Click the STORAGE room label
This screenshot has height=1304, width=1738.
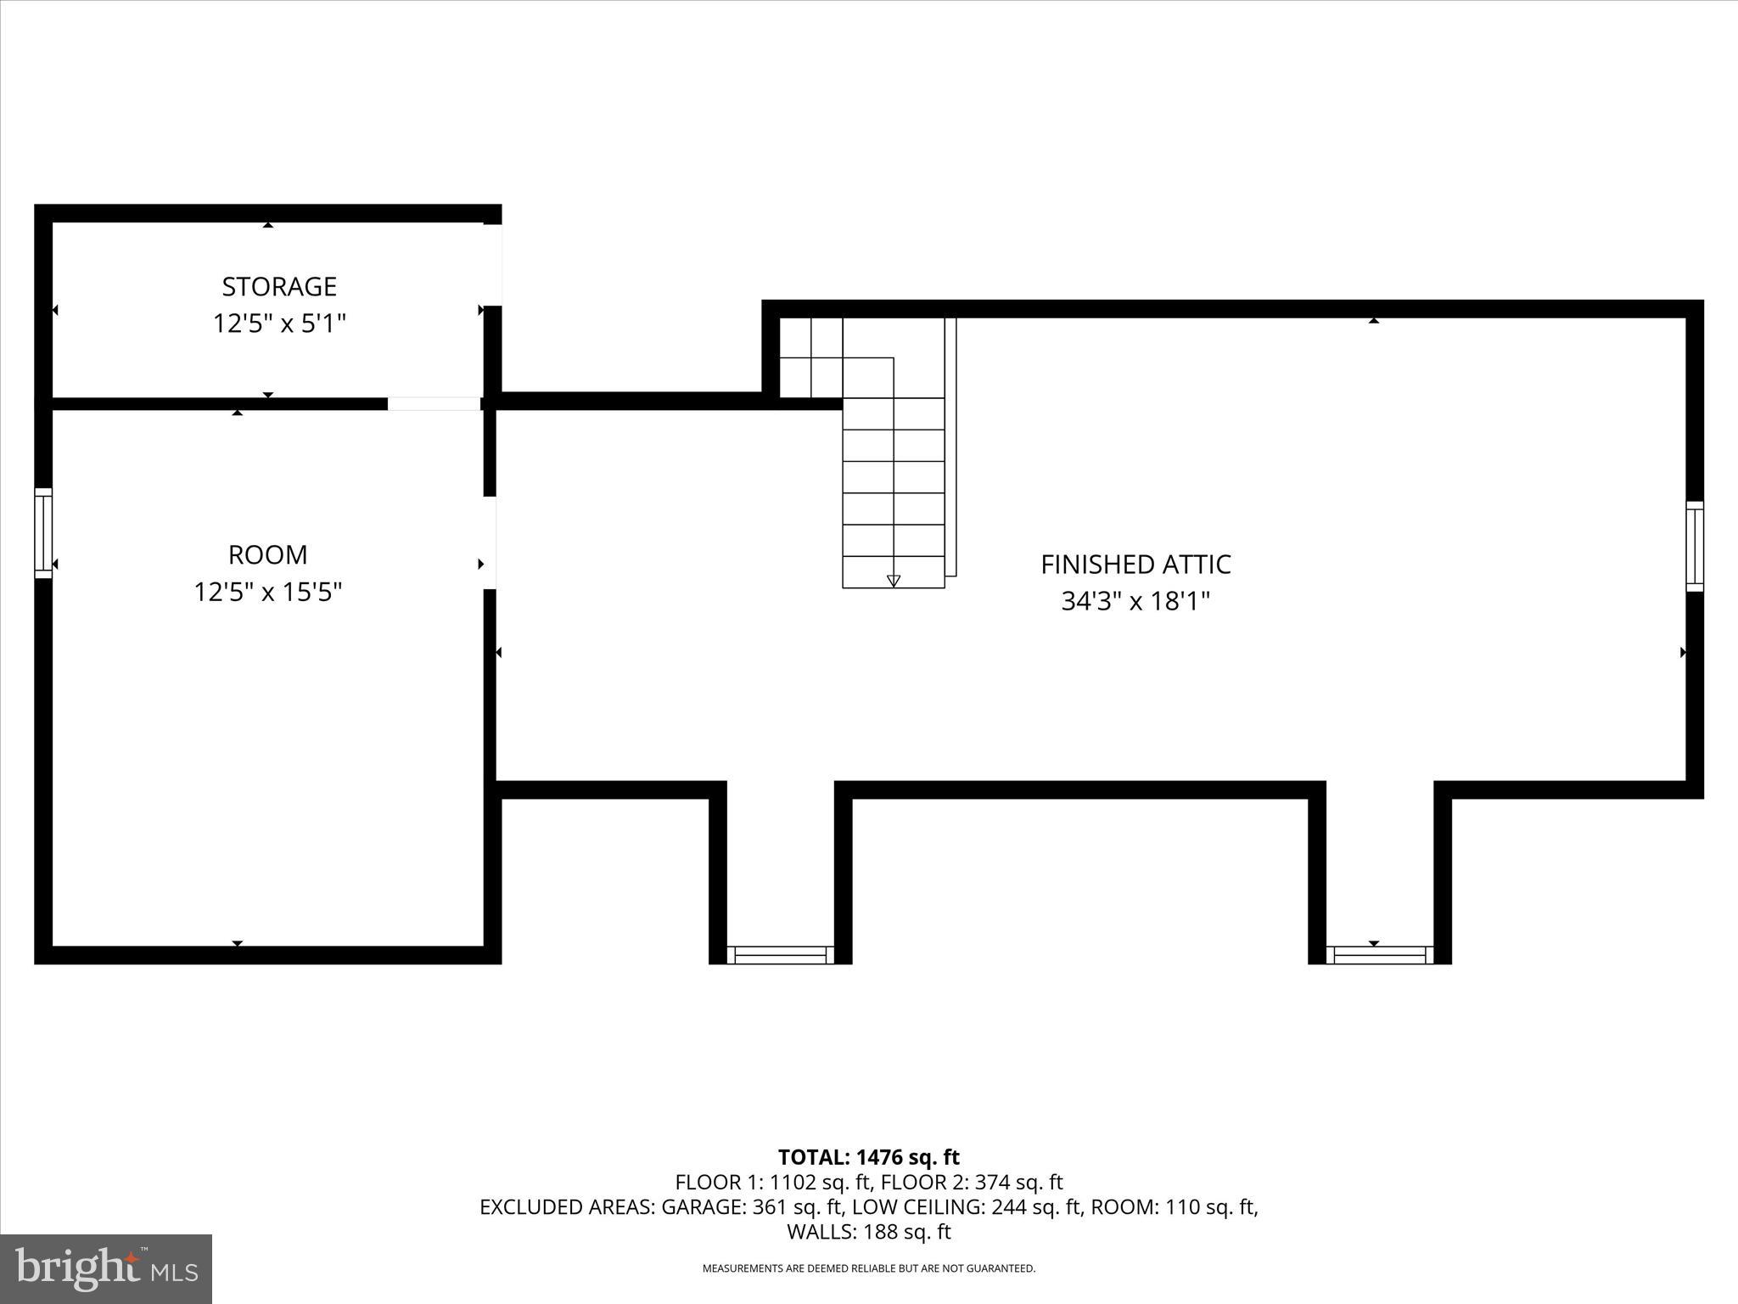point(279,287)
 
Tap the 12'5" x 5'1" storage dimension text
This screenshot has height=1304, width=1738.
point(279,323)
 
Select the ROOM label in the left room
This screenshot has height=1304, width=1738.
point(267,555)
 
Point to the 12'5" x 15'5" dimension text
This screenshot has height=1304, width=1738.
point(267,592)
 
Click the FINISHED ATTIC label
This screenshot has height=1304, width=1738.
point(1135,565)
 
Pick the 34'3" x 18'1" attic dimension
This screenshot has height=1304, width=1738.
point(1135,602)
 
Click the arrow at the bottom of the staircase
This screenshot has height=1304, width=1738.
point(893,581)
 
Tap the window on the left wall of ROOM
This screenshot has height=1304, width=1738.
point(43,533)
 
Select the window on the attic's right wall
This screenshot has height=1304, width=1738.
point(1694,546)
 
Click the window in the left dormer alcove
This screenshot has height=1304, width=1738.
point(781,955)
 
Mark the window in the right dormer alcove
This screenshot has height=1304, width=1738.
point(1380,955)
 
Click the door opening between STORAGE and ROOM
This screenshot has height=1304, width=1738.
point(434,404)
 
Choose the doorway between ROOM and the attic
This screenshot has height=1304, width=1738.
point(490,542)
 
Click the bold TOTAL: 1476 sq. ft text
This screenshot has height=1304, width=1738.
point(868,1157)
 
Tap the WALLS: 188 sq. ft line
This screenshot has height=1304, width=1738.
point(868,1232)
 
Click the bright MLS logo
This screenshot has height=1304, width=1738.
point(106,1268)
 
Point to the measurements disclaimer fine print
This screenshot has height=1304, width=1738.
point(868,1268)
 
